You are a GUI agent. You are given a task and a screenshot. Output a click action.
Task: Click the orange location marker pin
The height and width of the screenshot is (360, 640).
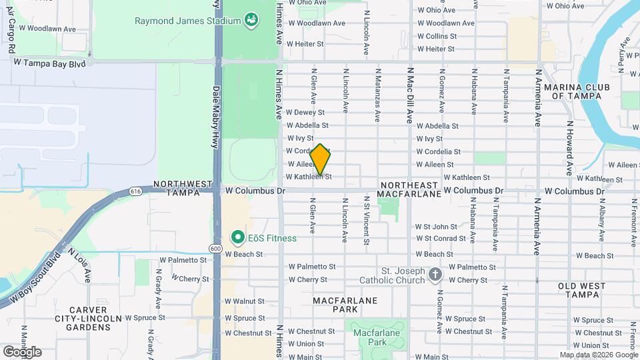[x=320, y=160]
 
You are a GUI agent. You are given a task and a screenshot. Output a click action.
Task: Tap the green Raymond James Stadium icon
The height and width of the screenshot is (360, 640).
[x=251, y=21]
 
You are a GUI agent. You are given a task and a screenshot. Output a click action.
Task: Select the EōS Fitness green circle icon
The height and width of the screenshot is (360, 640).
[x=237, y=237]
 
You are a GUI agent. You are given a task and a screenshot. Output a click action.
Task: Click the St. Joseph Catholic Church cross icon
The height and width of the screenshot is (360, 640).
[x=435, y=275]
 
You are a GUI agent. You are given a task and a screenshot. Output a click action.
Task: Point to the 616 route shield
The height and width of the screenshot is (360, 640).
[x=136, y=191]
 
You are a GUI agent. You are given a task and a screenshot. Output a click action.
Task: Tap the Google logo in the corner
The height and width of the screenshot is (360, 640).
[x=22, y=351]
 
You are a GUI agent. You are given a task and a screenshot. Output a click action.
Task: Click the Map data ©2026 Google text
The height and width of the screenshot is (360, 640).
[x=597, y=354]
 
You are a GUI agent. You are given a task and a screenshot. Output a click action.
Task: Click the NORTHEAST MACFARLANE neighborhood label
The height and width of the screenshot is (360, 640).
[x=409, y=189]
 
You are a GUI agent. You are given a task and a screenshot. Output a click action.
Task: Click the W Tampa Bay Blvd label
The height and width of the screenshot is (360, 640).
[x=50, y=62]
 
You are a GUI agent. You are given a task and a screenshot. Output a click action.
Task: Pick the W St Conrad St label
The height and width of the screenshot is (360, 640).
[x=440, y=238]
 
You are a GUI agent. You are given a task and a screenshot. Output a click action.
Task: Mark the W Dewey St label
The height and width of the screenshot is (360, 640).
[x=305, y=113]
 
